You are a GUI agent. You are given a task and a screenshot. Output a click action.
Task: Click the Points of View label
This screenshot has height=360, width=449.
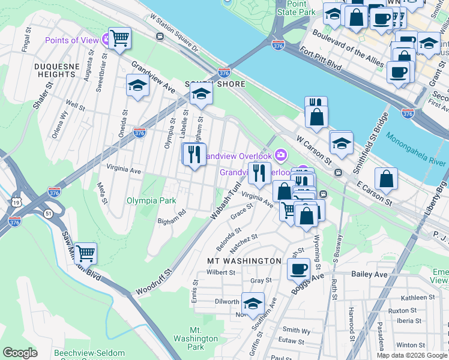pyautogui.click(x=71, y=40)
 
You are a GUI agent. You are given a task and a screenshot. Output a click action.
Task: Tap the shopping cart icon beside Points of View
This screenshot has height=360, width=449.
pyautogui.click(x=120, y=38)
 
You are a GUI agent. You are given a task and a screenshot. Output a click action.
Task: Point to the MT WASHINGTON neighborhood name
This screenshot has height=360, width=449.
pyautogui.click(x=244, y=261)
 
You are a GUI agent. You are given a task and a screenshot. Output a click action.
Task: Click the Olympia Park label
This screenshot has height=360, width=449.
pyautogui.click(x=151, y=200)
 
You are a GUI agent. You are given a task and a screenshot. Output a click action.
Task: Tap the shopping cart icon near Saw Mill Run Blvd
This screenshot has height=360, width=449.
pyautogui.click(x=86, y=254)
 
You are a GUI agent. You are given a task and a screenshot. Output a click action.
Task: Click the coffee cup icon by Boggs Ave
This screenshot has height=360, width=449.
pyautogui.click(x=298, y=269)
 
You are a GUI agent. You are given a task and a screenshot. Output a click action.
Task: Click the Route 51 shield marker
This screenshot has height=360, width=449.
pyautogui.click(x=46, y=214)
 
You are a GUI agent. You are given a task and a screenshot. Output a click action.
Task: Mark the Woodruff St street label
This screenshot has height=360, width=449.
pyautogui.click(x=150, y=282)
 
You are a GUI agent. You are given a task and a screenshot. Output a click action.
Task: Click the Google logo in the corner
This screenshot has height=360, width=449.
pyautogui.click(x=20, y=353)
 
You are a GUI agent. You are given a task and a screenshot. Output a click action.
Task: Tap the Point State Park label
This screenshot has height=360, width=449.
pyautogui.click(x=295, y=8)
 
